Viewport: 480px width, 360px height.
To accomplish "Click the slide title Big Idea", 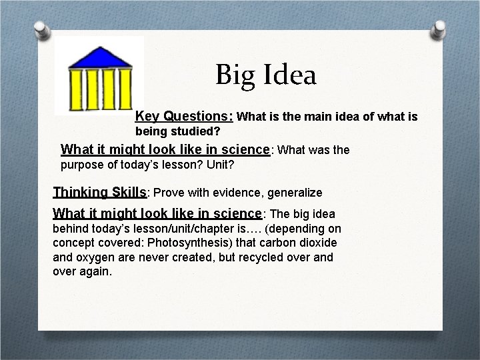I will point(265,75).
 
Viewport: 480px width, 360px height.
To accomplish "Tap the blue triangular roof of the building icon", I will point(99,56).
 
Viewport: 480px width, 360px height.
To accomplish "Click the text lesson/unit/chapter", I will point(177,228).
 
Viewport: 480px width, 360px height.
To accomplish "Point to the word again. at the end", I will point(97,271).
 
